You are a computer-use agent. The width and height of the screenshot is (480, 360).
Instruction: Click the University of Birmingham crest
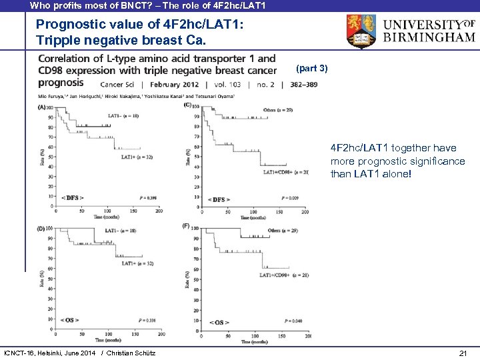[x=361, y=31]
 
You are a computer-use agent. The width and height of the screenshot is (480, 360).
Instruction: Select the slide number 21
[x=463, y=352]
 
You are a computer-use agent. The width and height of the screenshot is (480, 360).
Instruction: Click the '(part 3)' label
[x=311, y=69]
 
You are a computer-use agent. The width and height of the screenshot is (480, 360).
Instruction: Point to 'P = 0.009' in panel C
[x=290, y=198]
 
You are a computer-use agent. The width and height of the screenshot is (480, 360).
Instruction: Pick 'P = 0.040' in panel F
[x=292, y=321]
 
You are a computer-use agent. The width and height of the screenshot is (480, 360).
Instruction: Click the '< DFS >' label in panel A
[x=72, y=199]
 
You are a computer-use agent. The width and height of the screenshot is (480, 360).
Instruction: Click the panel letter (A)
[x=42, y=107]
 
